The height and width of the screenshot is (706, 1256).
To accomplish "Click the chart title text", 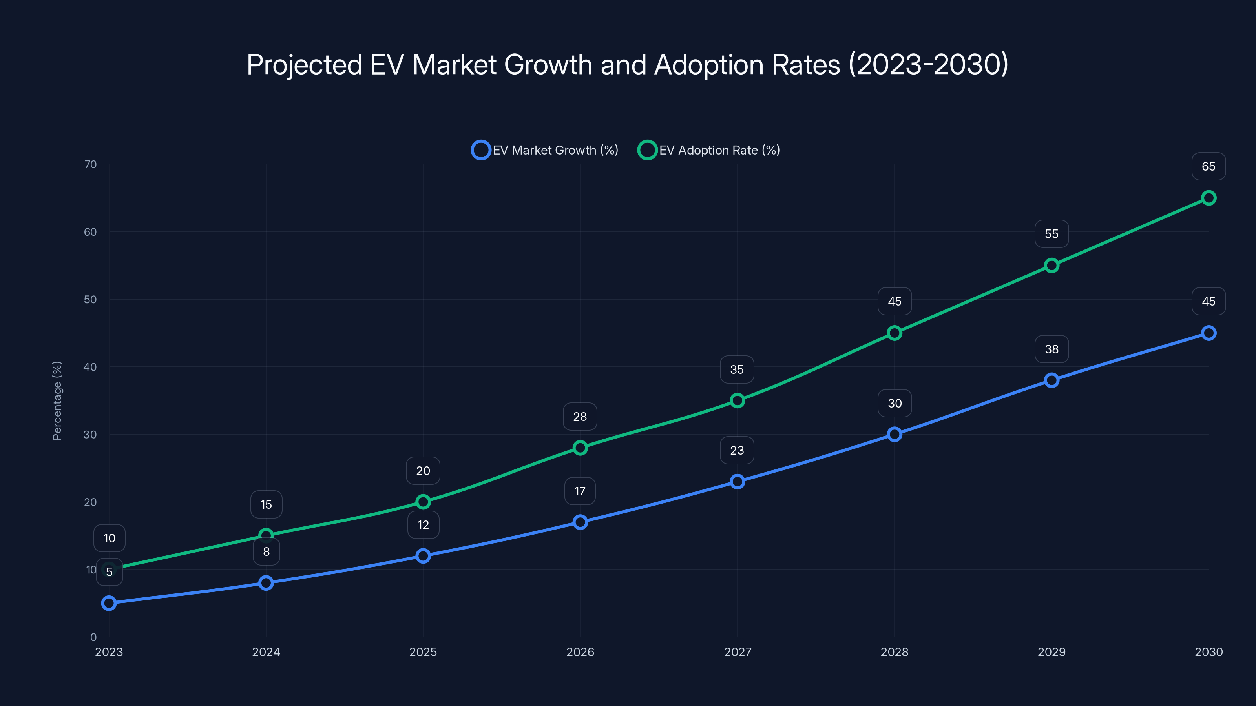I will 628,65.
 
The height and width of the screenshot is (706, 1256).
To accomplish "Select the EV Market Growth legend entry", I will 545,150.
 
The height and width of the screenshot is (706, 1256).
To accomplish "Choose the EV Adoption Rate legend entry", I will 709,150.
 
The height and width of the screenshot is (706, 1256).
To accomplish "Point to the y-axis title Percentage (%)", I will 57,400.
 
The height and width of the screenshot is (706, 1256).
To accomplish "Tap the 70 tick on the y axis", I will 90,165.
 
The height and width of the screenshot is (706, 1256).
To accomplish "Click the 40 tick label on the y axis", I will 90,367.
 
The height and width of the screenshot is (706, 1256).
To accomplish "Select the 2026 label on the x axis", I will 580,652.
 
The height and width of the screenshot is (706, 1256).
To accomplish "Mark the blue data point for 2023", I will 109,603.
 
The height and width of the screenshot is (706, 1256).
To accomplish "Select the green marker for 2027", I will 737,400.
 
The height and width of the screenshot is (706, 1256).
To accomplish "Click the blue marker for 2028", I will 894,434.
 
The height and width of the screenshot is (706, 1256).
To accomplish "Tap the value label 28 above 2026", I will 580,417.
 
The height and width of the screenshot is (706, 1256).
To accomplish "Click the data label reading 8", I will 266,551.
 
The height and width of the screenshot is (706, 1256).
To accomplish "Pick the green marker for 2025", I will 423,502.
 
